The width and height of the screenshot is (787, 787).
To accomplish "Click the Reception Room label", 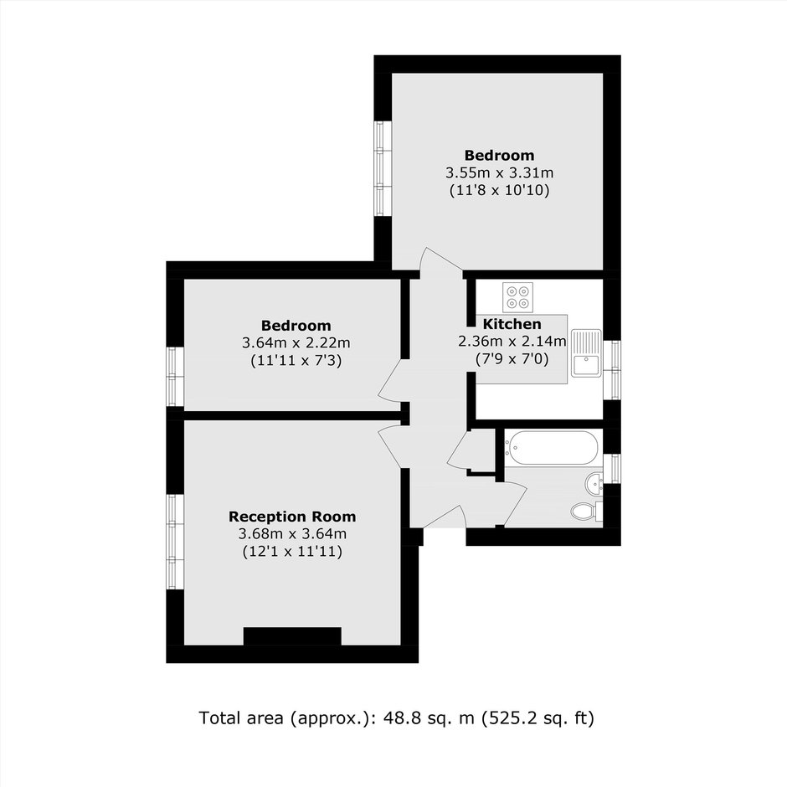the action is pyautogui.click(x=292, y=517).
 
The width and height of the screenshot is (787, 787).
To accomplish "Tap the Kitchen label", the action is pyautogui.click(x=512, y=324).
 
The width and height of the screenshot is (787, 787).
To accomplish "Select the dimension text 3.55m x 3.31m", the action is pyautogui.click(x=499, y=172).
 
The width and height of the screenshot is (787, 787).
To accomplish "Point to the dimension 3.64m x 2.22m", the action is pyautogui.click(x=296, y=342).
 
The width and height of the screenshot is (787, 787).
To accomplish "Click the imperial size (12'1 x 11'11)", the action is pyautogui.click(x=292, y=552).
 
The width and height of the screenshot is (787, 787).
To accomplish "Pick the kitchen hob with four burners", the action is pyautogui.click(x=517, y=297).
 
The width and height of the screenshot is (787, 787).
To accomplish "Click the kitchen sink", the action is pyautogui.click(x=586, y=352).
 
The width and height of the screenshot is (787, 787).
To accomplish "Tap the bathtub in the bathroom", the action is pyautogui.click(x=551, y=447).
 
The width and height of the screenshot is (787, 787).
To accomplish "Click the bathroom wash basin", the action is pyautogui.click(x=594, y=483).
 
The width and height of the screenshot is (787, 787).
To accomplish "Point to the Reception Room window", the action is pyautogui.click(x=175, y=542).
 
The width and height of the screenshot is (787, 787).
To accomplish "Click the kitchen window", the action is pyautogui.click(x=612, y=370).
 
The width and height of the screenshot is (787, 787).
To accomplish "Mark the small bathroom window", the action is pyautogui.click(x=612, y=469).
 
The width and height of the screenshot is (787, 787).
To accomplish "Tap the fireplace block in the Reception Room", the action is pyautogui.click(x=292, y=636).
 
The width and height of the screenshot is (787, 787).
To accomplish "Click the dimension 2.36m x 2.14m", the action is pyautogui.click(x=512, y=342).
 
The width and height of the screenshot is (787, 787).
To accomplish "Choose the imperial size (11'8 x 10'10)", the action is pyautogui.click(x=499, y=190).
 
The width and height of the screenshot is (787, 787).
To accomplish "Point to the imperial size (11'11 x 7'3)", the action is pyautogui.click(x=296, y=360).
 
